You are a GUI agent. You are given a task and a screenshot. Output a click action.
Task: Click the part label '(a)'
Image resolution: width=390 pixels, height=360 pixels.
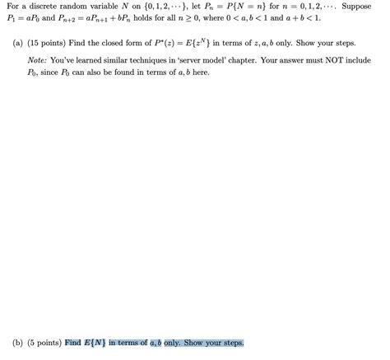18,44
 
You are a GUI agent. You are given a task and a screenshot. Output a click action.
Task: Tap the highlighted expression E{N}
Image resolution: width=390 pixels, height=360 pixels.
97,344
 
